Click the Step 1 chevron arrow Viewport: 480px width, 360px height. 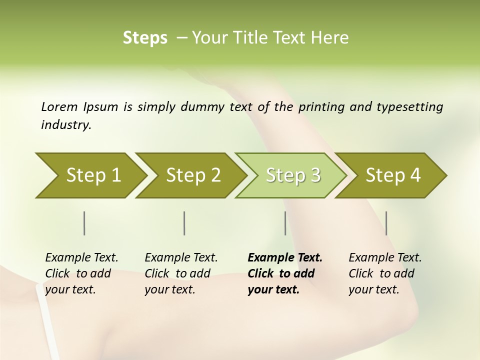pyautogui.click(x=90, y=175)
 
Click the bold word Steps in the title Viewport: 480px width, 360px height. pyautogui.click(x=145, y=37)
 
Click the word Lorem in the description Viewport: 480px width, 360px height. pyautogui.click(x=59, y=106)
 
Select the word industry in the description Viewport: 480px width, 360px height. pyautogui.click(x=65, y=124)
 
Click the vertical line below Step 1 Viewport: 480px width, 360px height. pyautogui.click(x=84, y=223)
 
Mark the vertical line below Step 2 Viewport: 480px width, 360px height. pyautogui.click(x=184, y=223)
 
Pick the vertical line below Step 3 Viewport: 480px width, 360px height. pyautogui.click(x=285, y=223)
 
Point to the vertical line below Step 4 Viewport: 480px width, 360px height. pyautogui.click(x=386, y=223)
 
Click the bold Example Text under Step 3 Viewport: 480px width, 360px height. pyautogui.click(x=285, y=257)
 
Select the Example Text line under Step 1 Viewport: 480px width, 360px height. pyautogui.click(x=81, y=257)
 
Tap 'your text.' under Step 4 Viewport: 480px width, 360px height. pyautogui.click(x=373, y=289)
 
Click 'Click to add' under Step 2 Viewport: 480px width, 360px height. pyautogui.click(x=177, y=273)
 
